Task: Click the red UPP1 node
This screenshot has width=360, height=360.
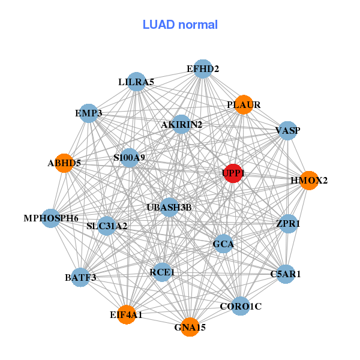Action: pos(232,173)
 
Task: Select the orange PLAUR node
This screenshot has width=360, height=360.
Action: pos(243,104)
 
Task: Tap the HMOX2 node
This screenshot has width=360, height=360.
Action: pos(308,180)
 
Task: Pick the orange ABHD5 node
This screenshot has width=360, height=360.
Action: pos(64,163)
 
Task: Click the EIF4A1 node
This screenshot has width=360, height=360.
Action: pos(126,314)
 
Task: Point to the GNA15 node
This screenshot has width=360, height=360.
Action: pos(190,327)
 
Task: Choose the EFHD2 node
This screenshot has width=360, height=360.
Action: pos(203,69)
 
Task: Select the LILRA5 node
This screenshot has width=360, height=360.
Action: pos(136,82)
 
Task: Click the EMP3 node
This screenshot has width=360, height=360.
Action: pos(89,113)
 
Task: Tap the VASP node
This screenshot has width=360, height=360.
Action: pos(288,130)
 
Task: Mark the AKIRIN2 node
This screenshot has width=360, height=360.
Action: pos(181,124)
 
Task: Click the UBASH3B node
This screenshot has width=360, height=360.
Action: pos(169,208)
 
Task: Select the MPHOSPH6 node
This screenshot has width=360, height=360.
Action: pos(51,218)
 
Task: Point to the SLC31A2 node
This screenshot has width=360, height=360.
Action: pos(107,226)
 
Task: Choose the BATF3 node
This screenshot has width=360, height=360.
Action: pos(80,277)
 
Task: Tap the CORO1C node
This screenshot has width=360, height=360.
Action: pos(241,306)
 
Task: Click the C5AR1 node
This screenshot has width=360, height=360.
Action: pos(286,274)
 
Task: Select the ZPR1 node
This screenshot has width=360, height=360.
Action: pos(288,223)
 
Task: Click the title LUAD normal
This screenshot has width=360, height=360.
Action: pos(180,25)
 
